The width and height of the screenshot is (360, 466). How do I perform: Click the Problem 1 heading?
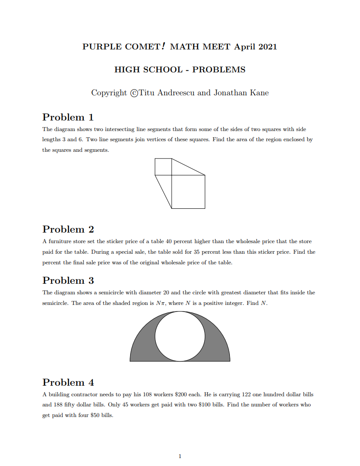[68, 117]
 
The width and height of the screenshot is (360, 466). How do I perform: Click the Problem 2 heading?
[68, 229]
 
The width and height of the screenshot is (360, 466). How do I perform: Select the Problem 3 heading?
[68, 281]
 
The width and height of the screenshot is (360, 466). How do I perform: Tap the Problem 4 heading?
[68, 383]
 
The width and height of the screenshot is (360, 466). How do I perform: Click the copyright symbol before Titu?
[135, 93]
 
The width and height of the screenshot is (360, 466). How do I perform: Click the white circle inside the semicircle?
[180, 336]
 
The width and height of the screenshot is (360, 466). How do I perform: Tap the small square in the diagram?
[163, 167]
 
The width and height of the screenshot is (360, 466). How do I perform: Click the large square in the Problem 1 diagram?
[188, 192]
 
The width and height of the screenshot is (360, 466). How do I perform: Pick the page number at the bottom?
[180, 456]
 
